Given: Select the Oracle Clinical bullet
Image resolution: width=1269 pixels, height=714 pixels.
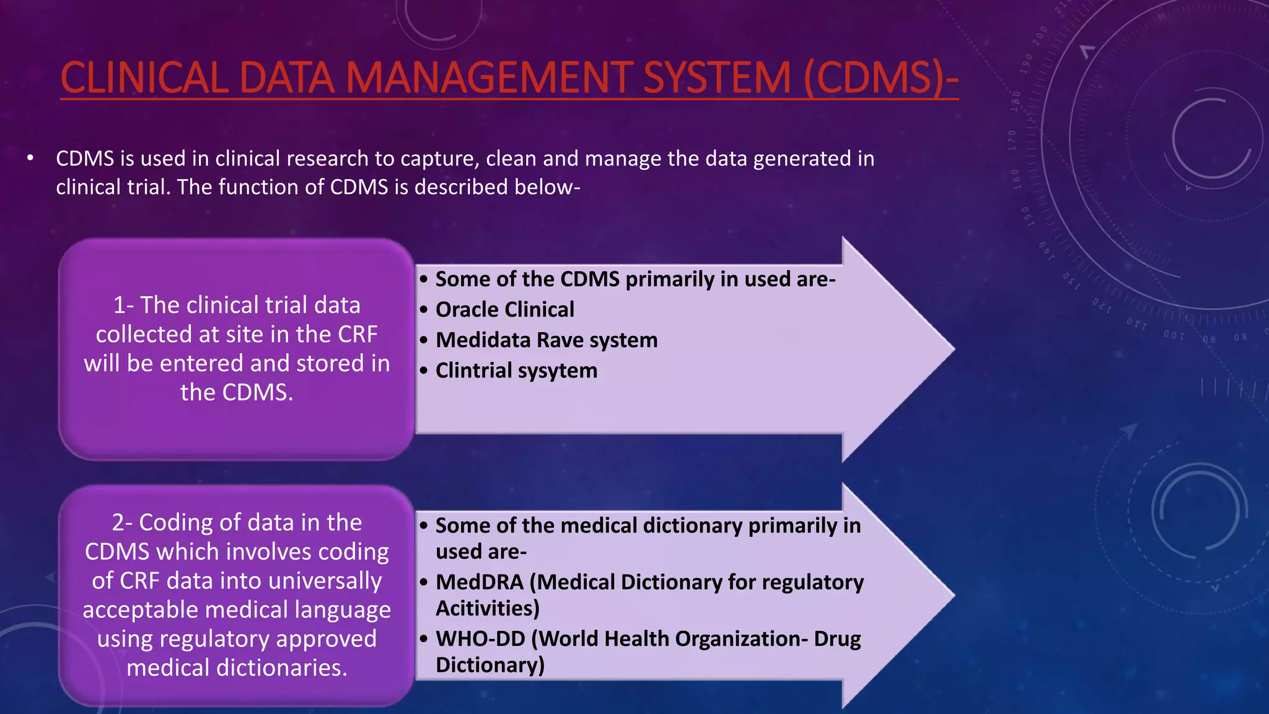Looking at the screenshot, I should click(504, 309).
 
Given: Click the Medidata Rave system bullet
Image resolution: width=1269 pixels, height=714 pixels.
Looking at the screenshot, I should click(546, 340).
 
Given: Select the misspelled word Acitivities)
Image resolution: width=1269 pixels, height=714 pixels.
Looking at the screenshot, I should click(488, 608).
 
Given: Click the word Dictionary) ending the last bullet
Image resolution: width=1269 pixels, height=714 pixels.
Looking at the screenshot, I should click(490, 664).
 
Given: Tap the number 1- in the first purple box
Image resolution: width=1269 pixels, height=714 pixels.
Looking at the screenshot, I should click(123, 305).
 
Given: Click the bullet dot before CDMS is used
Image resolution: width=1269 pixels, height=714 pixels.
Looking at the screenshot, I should click(30, 159).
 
